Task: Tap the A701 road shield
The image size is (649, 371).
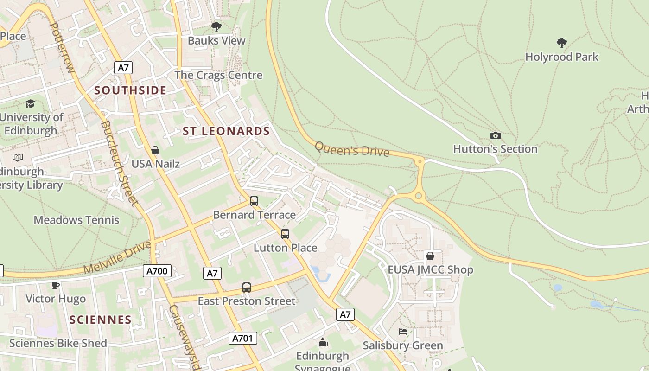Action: (242, 338)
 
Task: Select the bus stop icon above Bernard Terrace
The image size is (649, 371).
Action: (254, 201)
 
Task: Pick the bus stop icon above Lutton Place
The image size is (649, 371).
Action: (285, 234)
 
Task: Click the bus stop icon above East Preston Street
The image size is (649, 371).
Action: (247, 288)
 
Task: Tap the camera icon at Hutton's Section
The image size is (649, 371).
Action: (496, 135)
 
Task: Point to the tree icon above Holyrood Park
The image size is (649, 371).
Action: (562, 43)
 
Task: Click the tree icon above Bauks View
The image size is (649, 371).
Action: (216, 27)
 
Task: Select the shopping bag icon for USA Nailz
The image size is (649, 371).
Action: (155, 150)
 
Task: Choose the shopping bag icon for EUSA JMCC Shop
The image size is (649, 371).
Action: (430, 256)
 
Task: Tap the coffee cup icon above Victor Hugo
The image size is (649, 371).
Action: (56, 285)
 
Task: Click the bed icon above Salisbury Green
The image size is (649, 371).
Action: (403, 332)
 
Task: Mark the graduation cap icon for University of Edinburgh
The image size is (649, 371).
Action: (31, 103)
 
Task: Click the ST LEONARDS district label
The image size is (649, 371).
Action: (226, 131)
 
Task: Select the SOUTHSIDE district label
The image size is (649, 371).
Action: (130, 90)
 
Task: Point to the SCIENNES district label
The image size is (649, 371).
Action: (101, 320)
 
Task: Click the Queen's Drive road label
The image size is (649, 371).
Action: (352, 149)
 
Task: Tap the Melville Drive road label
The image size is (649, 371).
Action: (118, 257)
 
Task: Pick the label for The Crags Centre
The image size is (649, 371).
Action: (218, 75)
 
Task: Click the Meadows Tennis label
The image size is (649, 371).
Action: (76, 220)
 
